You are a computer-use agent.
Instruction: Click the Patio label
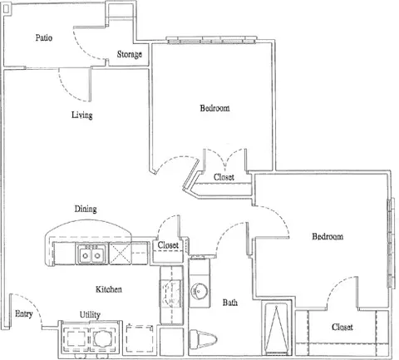tap(44, 37)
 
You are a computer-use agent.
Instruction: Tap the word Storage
tap(130, 54)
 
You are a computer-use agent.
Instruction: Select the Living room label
tap(82, 115)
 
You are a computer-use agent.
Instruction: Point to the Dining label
tap(86, 209)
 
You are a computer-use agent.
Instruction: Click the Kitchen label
tap(109, 289)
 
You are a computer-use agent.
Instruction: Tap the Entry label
tap(24, 314)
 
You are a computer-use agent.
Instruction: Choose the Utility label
tap(90, 315)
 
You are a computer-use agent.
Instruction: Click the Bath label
tap(230, 303)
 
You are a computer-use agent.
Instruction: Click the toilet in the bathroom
tap(203, 338)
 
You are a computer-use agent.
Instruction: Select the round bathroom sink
tap(199, 290)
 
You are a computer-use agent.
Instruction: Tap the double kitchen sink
tap(91, 254)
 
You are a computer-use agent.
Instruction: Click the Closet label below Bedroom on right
tap(342, 327)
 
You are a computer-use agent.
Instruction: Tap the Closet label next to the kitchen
tap(168, 245)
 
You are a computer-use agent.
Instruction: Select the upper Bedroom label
tap(214, 108)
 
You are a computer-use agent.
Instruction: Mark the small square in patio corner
tap(7, 9)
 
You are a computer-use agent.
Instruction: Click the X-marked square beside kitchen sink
tap(120, 254)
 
